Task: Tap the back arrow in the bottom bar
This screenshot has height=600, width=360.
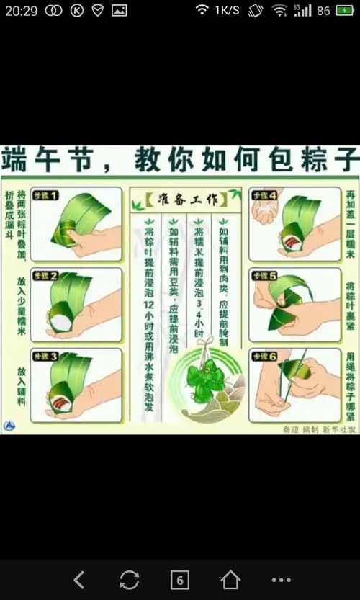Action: pos(79,579)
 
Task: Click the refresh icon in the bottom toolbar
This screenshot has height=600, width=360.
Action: pos(129,579)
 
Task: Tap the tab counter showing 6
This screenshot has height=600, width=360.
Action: pos(179,579)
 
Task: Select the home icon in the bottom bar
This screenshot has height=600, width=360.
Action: pos(230,579)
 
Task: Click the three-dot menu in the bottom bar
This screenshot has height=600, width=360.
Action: pos(281,579)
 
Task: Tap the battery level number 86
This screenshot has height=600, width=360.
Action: pos(323,11)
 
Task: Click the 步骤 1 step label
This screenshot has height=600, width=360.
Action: pos(45,195)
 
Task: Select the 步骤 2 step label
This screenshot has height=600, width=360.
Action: pos(45,276)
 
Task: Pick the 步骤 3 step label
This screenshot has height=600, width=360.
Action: pos(45,357)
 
